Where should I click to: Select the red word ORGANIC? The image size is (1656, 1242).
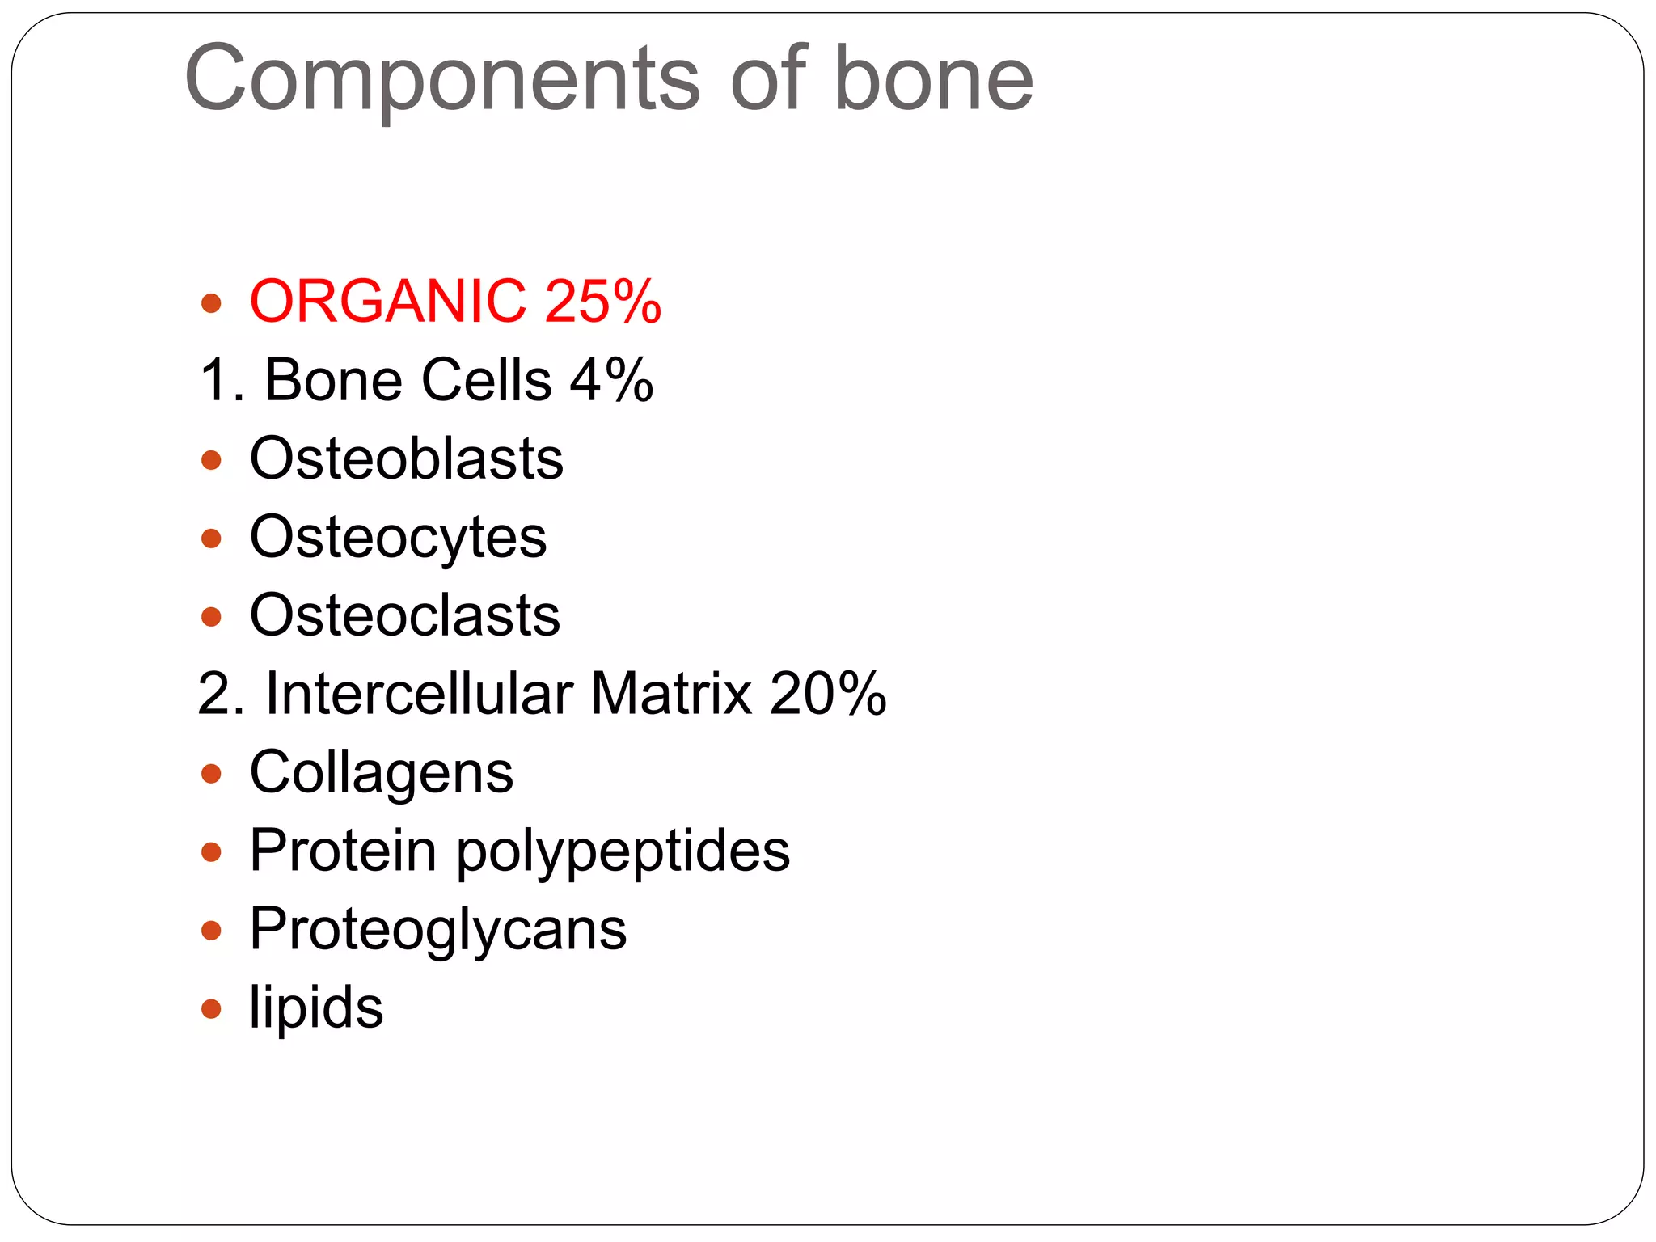387,302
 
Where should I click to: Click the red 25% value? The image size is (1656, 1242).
603,302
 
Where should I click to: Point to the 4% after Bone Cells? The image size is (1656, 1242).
611,380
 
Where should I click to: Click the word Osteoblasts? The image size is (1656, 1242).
406,458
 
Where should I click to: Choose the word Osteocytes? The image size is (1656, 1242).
398,538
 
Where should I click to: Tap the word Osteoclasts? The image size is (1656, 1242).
404,615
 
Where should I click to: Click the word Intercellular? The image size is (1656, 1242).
419,694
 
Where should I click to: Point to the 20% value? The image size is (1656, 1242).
828,694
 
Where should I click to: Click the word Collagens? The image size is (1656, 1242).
381,772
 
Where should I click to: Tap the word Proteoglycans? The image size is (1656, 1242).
437,930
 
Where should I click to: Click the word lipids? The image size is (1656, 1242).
316,1008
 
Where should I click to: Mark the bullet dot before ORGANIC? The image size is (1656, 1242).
211,303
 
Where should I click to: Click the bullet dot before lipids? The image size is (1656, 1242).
211,1008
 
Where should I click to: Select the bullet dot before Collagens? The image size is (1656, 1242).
211,774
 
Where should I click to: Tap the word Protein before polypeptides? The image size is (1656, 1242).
343,851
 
